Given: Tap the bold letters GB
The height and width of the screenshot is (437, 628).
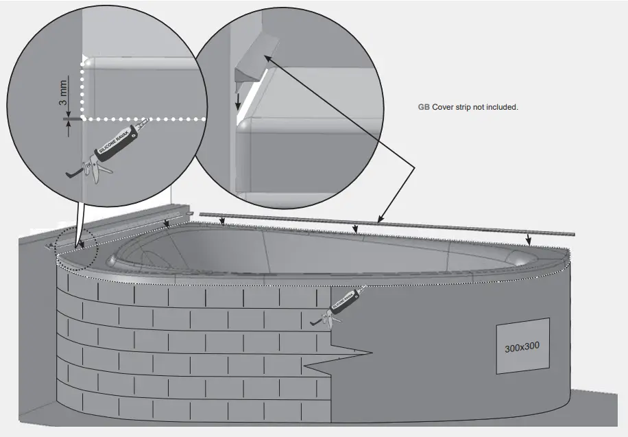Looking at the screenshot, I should point(424,108).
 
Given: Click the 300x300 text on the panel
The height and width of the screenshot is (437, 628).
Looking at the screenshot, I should point(522,347).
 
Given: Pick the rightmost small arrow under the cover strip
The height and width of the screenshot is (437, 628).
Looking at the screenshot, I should point(528,239).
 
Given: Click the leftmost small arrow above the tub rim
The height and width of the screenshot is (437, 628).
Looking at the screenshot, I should point(169,224).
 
